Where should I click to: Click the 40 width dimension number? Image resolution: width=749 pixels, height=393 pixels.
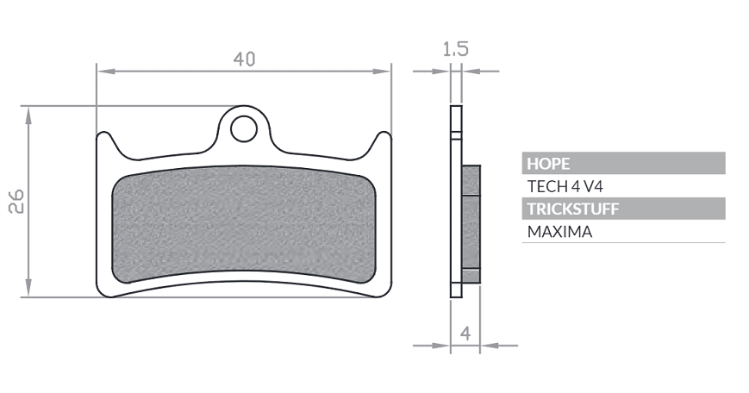pyautogui.click(x=244, y=59)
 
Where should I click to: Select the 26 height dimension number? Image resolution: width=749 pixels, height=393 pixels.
pyautogui.click(x=16, y=201)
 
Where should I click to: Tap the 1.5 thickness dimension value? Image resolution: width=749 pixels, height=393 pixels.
pyautogui.click(x=456, y=49)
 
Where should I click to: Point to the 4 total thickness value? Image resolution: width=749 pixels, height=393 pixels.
pyautogui.click(x=465, y=333)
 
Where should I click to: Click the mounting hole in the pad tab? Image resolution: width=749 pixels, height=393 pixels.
pyautogui.click(x=244, y=128)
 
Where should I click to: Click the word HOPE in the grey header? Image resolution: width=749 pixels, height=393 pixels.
pyautogui.click(x=548, y=164)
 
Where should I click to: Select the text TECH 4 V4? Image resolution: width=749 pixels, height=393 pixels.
pyautogui.click(x=565, y=186)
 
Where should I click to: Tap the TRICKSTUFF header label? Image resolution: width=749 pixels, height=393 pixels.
pyautogui.click(x=573, y=209)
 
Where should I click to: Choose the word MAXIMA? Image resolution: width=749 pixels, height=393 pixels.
pyautogui.click(x=560, y=232)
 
